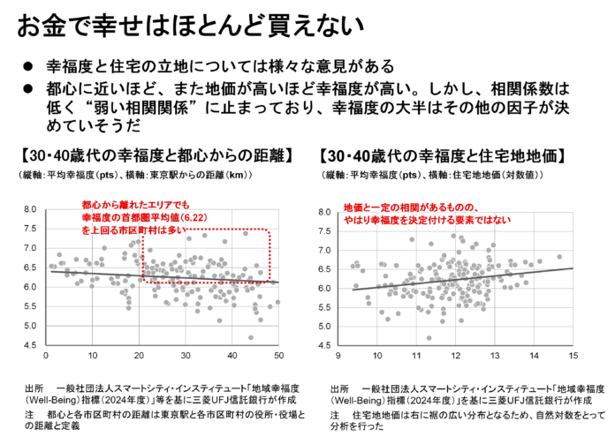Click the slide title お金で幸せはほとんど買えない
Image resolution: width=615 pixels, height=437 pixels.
pos(190,26)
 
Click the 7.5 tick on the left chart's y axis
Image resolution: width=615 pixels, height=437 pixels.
pos(30,229)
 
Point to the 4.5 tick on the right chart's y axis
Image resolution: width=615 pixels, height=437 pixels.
pos(325,345)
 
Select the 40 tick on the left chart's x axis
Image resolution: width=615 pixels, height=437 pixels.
pos(232,356)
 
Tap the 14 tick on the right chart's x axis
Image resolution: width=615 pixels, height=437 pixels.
pos(534,356)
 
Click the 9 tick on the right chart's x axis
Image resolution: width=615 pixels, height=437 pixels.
pos(338,356)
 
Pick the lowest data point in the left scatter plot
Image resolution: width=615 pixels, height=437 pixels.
pos(251,337)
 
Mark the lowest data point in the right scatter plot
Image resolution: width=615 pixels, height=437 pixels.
pos(429,338)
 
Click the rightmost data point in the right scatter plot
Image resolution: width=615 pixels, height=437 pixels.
pos(559,257)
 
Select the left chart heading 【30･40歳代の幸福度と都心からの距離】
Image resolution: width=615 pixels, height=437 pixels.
pos(156,155)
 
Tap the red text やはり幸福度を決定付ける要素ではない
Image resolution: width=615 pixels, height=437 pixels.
pos(427,220)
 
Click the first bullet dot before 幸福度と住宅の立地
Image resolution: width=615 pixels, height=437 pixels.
pos(28,66)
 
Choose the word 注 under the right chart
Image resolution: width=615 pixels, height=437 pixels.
pos(335,415)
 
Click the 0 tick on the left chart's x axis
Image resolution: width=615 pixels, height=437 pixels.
pos(46,356)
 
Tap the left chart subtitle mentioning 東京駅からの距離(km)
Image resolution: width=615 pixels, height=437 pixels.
pos(134,175)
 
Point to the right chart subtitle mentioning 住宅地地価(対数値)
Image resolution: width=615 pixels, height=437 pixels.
pos(431,175)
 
